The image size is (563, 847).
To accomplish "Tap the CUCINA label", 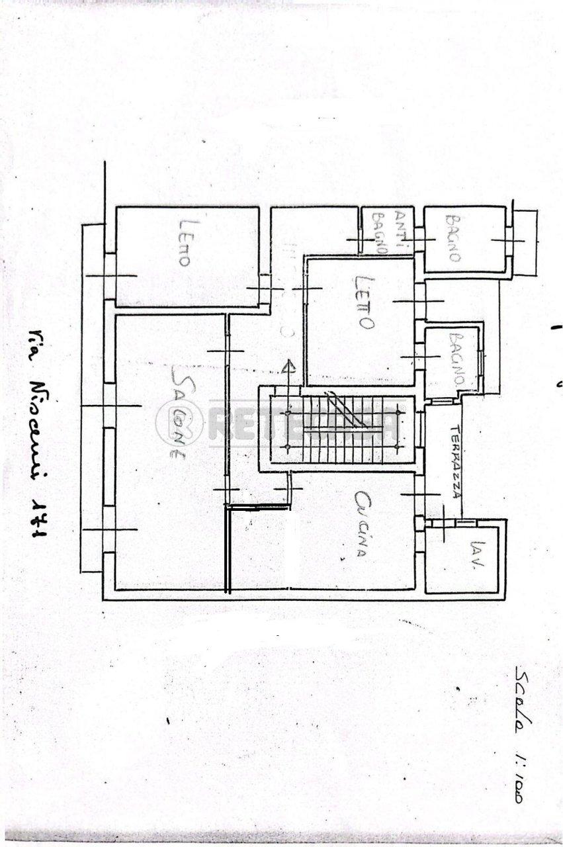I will [x=361, y=523].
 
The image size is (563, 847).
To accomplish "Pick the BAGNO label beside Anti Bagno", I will [x=453, y=238].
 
